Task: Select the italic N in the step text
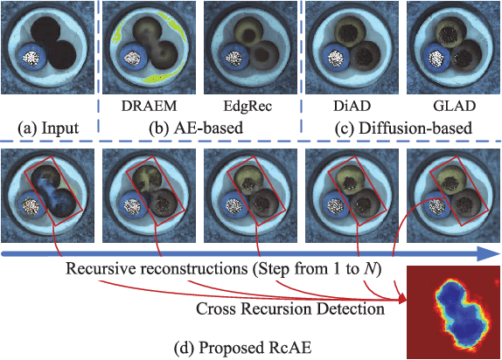coord(379,268)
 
